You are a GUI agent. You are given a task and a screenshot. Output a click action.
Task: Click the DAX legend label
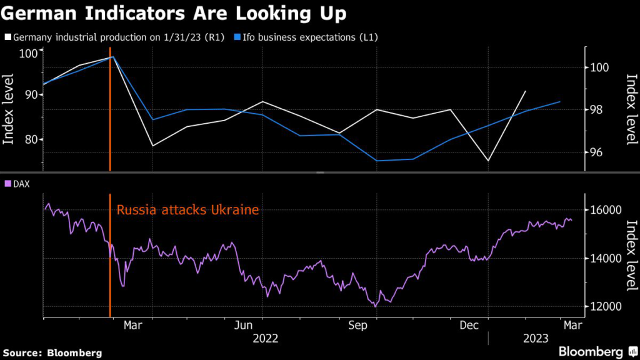(21, 184)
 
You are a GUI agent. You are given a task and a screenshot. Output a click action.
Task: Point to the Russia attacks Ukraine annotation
(187, 210)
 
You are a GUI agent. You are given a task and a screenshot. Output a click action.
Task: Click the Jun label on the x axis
(243, 326)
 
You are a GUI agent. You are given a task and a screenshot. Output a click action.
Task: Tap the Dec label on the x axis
(469, 326)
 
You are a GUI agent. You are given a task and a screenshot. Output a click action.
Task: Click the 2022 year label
(265, 339)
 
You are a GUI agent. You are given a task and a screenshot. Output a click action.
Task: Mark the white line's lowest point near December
(488, 161)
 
